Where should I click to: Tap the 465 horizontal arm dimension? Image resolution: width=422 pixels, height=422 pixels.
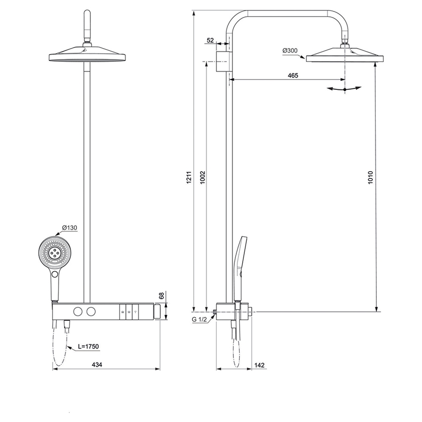(x=292, y=75)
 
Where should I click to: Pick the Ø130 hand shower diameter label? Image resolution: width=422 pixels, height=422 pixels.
(x=70, y=228)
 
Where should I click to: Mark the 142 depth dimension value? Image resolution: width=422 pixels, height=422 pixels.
(x=259, y=365)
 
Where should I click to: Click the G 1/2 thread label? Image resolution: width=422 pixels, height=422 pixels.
(x=200, y=320)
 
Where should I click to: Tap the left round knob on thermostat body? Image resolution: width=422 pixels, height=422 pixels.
(x=77, y=311)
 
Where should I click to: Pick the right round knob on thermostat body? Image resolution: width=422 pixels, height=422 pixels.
(x=90, y=311)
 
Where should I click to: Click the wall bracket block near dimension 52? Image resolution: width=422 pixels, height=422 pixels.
(x=223, y=61)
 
